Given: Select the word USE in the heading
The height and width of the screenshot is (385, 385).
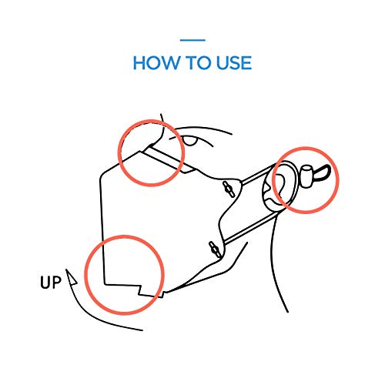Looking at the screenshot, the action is point(234,63).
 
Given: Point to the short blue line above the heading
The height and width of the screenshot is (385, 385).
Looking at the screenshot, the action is point(192,40).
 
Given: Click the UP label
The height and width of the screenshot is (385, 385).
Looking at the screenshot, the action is point(51,283).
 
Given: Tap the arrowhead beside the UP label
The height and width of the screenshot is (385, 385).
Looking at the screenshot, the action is point(71,278).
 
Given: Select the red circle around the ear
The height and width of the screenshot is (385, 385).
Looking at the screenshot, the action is point(306,148).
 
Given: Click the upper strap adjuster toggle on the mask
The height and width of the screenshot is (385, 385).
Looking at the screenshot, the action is point(229,189).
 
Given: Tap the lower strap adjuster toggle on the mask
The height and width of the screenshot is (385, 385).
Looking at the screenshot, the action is point(215,249).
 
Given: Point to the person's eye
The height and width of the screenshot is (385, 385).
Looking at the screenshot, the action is point(189,141).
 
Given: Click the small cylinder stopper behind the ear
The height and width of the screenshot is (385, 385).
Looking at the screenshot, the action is point(306,176).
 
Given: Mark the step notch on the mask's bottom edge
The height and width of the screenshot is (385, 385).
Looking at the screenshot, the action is point(140,290).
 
